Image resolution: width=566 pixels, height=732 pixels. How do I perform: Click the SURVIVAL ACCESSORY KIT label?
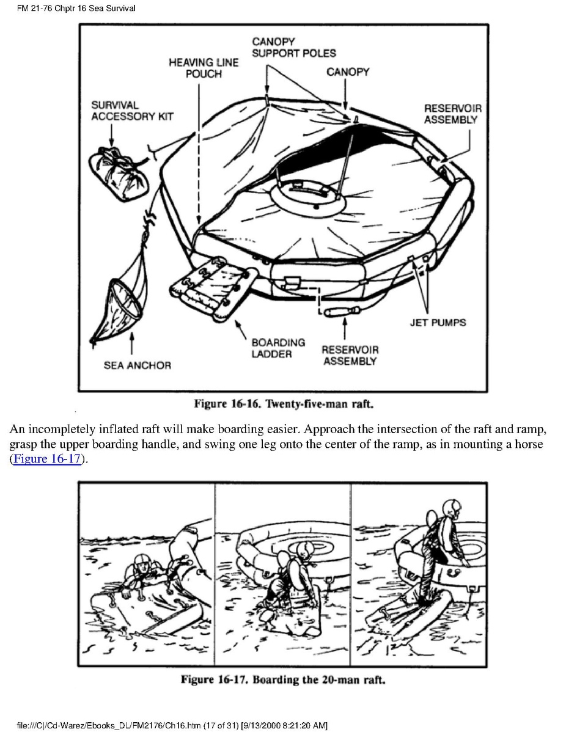coord(132,111)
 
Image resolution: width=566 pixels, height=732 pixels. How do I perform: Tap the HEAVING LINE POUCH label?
coord(204,68)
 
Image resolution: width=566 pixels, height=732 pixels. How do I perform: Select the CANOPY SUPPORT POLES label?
coord(294,47)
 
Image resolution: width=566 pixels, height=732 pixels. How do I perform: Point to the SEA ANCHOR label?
coord(138,365)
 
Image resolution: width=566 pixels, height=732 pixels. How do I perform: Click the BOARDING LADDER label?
coord(278,348)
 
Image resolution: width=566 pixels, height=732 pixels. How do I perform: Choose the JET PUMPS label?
coord(437,322)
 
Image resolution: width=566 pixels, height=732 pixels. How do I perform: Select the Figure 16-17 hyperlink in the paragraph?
coord(46,459)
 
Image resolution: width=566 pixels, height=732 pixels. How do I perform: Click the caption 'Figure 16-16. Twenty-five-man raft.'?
coord(283,404)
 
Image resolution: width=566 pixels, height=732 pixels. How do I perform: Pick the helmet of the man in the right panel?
coord(453,509)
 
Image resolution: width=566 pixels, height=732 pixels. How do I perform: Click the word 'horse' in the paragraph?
coord(527,444)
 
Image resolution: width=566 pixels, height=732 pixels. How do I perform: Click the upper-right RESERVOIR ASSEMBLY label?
coord(452,114)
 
